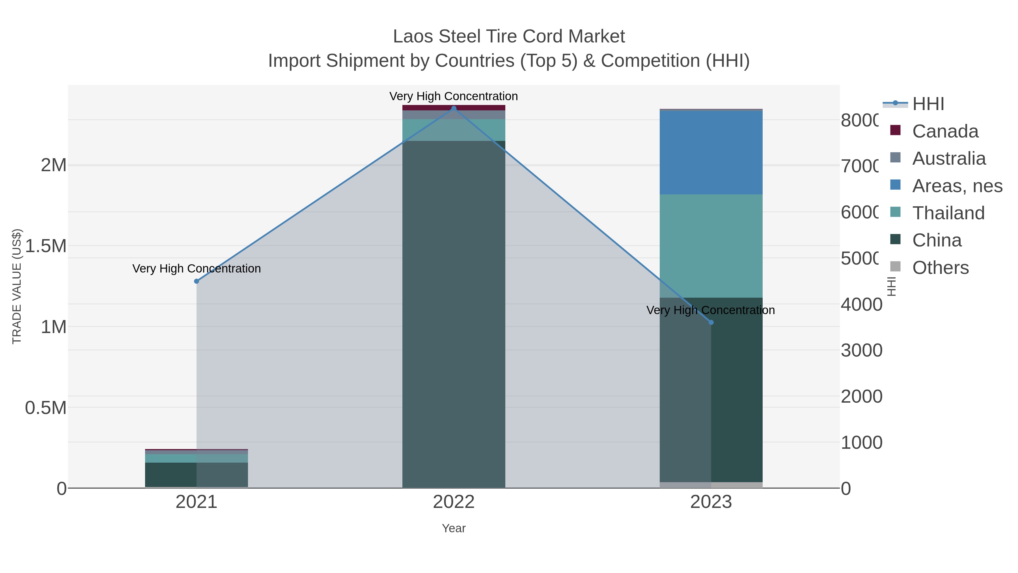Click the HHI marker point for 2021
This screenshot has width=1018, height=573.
coord(197,281)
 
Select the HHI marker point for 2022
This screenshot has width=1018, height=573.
coord(454,108)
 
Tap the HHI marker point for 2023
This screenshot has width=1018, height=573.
coord(711,322)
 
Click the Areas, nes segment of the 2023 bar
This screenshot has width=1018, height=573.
coord(711,152)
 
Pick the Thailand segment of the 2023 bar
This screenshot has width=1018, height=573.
coord(711,246)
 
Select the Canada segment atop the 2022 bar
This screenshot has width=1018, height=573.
coord(454,108)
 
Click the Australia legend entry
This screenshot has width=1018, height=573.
coord(948,158)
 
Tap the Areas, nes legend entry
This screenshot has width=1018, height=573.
coord(957,186)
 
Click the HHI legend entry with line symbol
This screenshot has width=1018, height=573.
coord(928,104)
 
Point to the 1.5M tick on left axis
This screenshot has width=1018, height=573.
coord(46,246)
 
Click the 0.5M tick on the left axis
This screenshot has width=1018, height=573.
coord(46,408)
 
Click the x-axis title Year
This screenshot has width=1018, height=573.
coord(454,528)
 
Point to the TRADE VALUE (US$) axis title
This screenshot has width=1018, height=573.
coord(17,286)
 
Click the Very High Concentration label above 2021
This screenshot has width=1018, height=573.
coord(197,269)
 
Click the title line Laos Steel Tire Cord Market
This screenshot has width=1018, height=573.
coord(509,37)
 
